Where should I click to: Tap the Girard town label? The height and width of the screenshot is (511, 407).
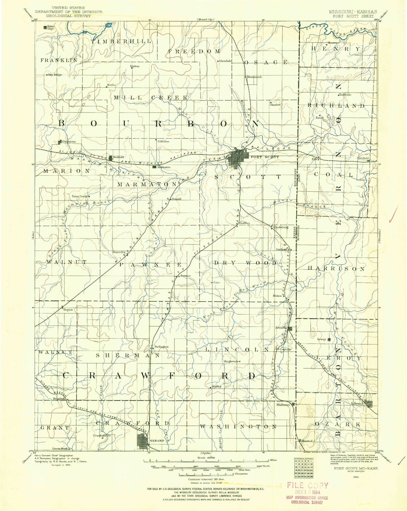click(x=157, y=440)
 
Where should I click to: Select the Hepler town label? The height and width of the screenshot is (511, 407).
click(x=69, y=310)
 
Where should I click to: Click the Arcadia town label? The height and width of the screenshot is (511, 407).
click(x=281, y=328)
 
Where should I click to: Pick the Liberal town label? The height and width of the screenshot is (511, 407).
click(x=357, y=403)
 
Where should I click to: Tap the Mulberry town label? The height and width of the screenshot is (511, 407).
click(x=283, y=405)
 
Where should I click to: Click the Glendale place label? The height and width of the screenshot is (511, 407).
click(x=225, y=61)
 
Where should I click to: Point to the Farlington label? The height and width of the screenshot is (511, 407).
click(x=161, y=347)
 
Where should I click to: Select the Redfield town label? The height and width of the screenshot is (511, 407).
click(x=118, y=157)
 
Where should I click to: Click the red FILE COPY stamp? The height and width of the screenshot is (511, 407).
click(x=308, y=485)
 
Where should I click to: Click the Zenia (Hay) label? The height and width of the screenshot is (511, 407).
click(x=51, y=27)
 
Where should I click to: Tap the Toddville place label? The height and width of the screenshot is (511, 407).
click(x=345, y=95)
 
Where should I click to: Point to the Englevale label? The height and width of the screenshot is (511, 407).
click(x=231, y=361)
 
